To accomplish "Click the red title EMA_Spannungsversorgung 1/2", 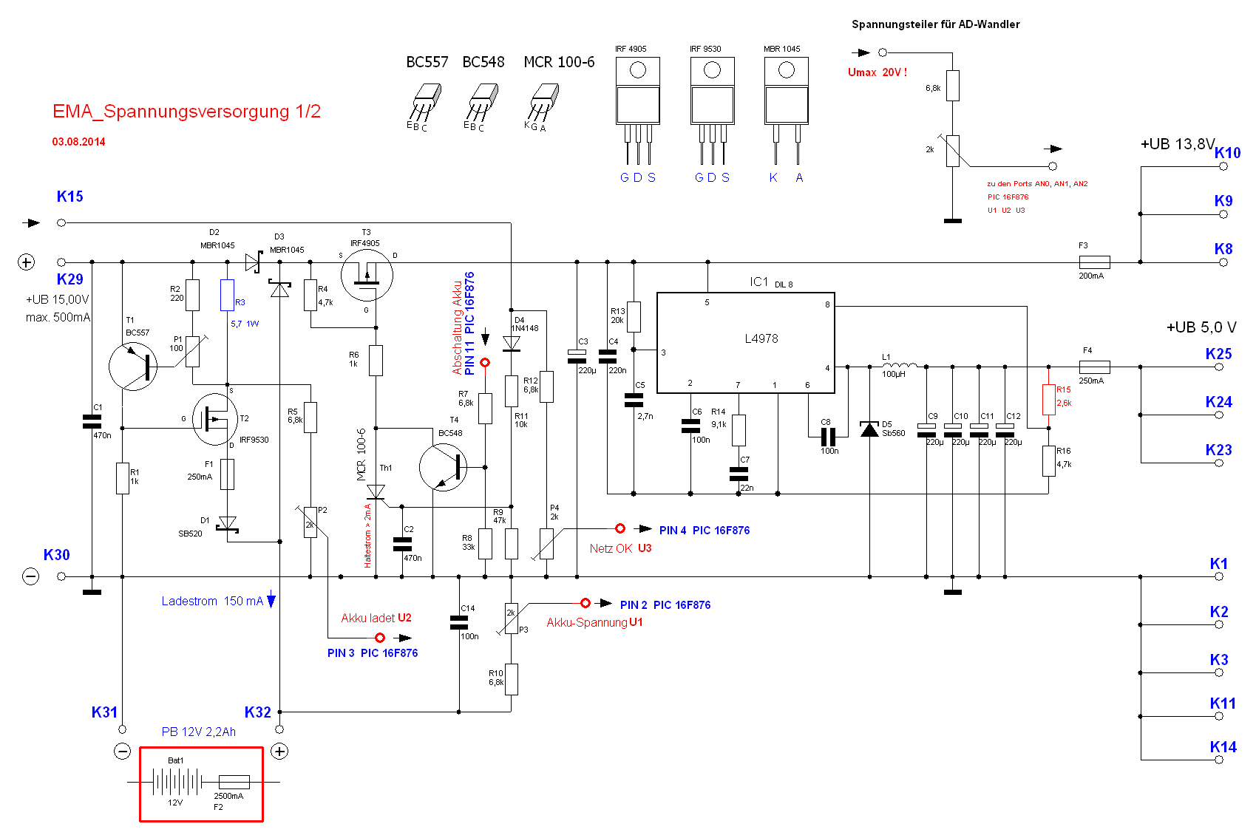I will [186, 112].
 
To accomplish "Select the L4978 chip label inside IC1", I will [761, 338].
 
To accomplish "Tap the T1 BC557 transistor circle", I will [133, 367].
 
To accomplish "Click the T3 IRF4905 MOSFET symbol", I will [367, 276].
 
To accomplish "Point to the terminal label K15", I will [70, 197].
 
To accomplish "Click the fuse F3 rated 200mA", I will [1094, 262].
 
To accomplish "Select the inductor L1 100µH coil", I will [899, 365].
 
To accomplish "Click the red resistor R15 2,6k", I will [1048, 399].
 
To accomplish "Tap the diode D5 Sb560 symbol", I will [869, 429].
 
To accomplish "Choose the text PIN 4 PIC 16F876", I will [704, 531].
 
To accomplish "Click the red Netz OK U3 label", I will [620, 548].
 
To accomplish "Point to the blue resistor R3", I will [227, 295].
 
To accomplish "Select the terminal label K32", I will [257, 712].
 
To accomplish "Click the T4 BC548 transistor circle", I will [443, 467].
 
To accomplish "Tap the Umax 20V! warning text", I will [877, 72].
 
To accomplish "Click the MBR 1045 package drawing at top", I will [786, 103].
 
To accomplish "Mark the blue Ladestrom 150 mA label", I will [212, 602].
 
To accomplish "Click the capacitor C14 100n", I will [459, 623].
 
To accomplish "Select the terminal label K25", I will [1218, 354].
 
